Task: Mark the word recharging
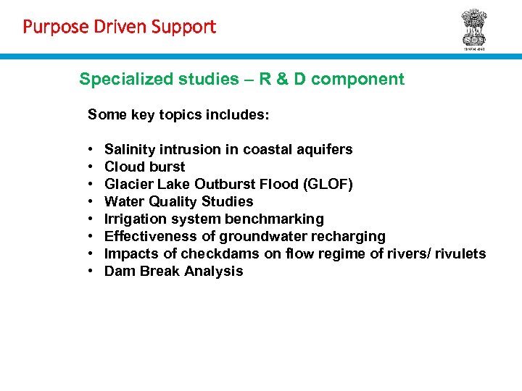(351, 236)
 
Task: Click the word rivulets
(460, 253)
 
